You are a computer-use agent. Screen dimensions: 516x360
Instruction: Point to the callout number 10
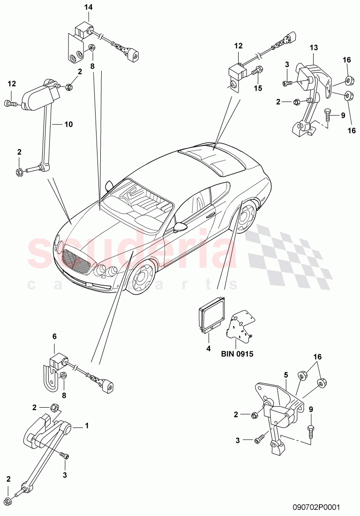[69, 124]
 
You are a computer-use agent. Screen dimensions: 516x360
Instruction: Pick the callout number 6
[54, 336]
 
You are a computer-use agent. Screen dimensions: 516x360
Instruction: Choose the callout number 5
[285, 375]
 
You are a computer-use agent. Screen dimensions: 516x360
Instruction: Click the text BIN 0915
[237, 355]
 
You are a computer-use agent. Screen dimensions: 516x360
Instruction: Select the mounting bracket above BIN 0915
[240, 326]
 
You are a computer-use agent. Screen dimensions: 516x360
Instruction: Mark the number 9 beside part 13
[343, 115]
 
